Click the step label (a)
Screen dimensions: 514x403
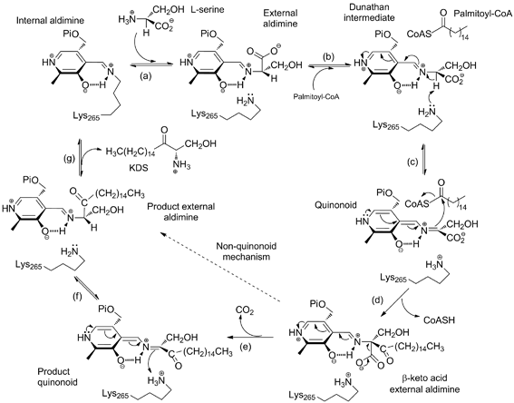pyautogui.click(x=145, y=77)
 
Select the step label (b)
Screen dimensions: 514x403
pyautogui.click(x=328, y=56)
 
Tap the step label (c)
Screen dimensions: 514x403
pyautogui.click(x=412, y=162)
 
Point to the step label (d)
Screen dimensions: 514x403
pyautogui.click(x=378, y=300)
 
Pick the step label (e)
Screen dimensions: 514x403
pyautogui.click(x=247, y=347)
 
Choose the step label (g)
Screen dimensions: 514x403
pyautogui.click(x=69, y=158)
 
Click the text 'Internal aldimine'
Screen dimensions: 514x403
pyautogui.click(x=50, y=20)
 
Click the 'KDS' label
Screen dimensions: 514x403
pyautogui.click(x=141, y=168)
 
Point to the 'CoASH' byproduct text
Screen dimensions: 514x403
pyautogui.click(x=440, y=319)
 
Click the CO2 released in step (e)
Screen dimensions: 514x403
pyautogui.click(x=245, y=310)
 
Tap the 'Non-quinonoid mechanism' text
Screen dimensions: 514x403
pyautogui.click(x=247, y=251)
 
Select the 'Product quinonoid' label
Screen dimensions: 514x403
pyautogui.click(x=53, y=377)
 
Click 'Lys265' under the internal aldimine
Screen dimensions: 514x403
pyautogui.click(x=87, y=115)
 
